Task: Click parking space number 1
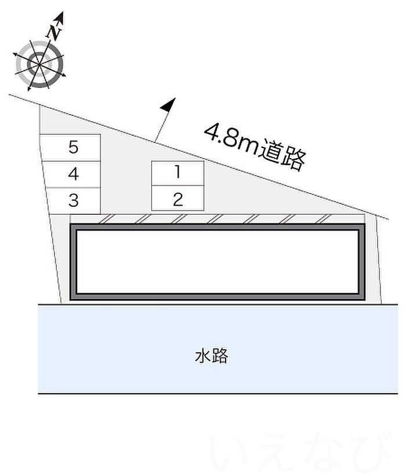point(177,173)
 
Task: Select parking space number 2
point(177,198)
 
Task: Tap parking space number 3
point(73,201)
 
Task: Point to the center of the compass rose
point(39,64)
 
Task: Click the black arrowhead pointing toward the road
point(168,105)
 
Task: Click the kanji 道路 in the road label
point(283,155)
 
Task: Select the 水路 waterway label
point(211,356)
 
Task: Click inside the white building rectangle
point(217,262)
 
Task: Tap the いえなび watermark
point(299,452)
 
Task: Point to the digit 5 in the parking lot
point(73,147)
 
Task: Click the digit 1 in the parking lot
point(178,172)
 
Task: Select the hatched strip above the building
point(217,219)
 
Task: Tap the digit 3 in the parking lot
point(73,200)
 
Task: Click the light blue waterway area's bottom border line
point(217,394)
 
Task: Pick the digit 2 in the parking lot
point(178,199)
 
